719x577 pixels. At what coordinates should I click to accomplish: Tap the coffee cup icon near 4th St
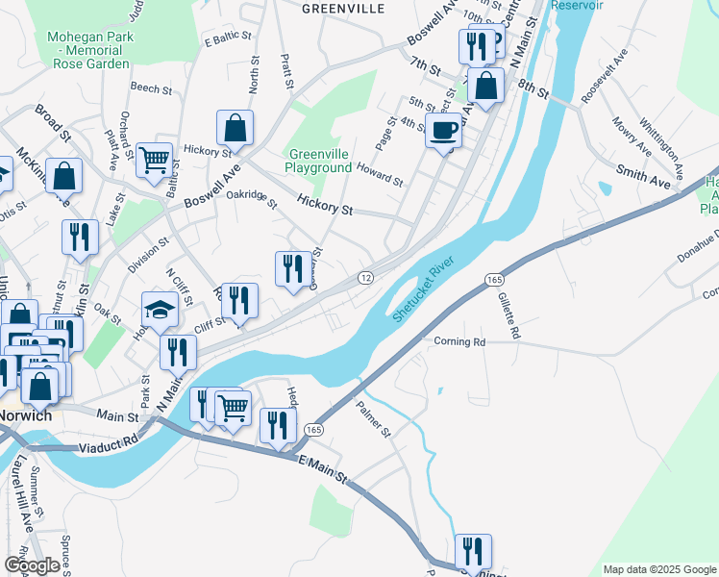pos(443,130)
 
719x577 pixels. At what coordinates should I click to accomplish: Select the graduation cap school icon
pos(161,310)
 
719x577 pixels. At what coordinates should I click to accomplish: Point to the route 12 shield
pos(365,277)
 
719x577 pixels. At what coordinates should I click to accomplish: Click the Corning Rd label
pos(459,341)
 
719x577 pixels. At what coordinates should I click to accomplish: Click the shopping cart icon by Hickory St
pos(154,160)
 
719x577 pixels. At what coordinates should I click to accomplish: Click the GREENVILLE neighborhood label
pos(343,9)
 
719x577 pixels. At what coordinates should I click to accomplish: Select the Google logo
pos(31,565)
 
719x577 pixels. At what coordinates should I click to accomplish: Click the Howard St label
pos(380,174)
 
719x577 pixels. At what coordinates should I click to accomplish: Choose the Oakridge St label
pos(252,199)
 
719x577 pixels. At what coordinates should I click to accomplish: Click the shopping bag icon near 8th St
pos(487,86)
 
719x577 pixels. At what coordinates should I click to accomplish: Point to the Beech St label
pos(151,88)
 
